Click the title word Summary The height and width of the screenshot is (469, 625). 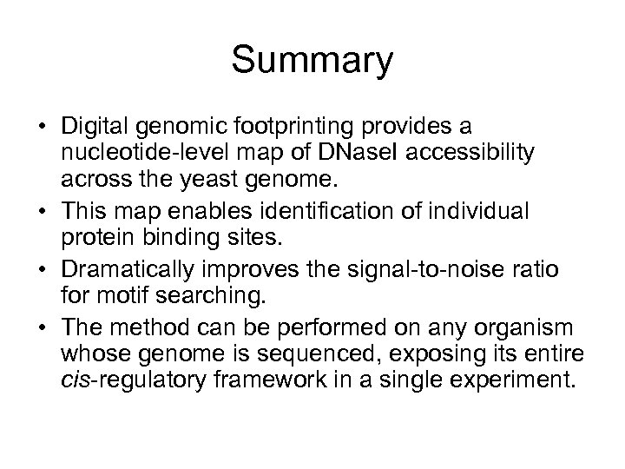point(312,62)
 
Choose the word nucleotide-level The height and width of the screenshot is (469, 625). point(150,152)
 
